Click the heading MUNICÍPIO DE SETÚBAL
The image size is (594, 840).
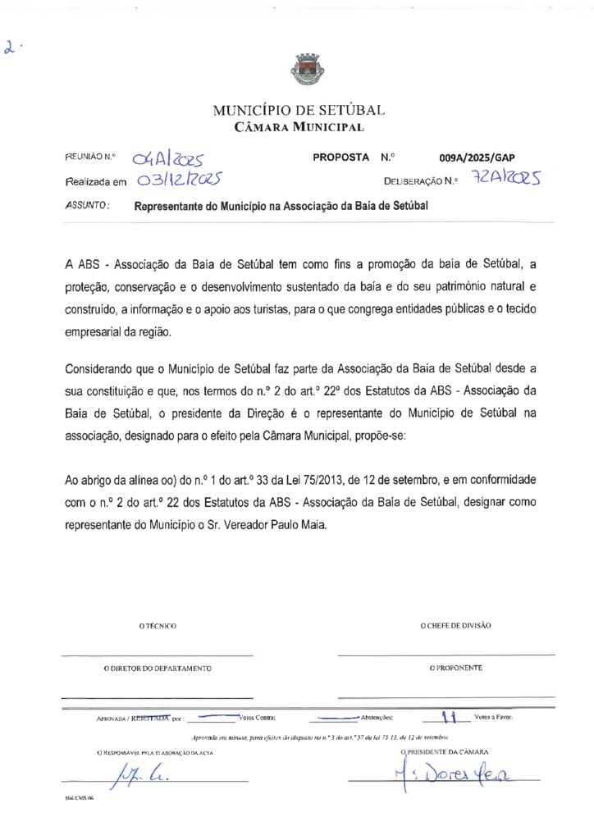[x=298, y=110]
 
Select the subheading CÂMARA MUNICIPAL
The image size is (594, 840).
[x=299, y=126]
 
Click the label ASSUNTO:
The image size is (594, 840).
[x=87, y=206]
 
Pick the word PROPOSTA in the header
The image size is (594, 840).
[x=340, y=157]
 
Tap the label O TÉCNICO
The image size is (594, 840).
[x=158, y=626]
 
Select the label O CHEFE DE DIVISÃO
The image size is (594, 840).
[x=455, y=625]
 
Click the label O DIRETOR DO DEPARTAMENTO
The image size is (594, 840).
[x=157, y=669]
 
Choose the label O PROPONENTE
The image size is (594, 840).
[x=455, y=668]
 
